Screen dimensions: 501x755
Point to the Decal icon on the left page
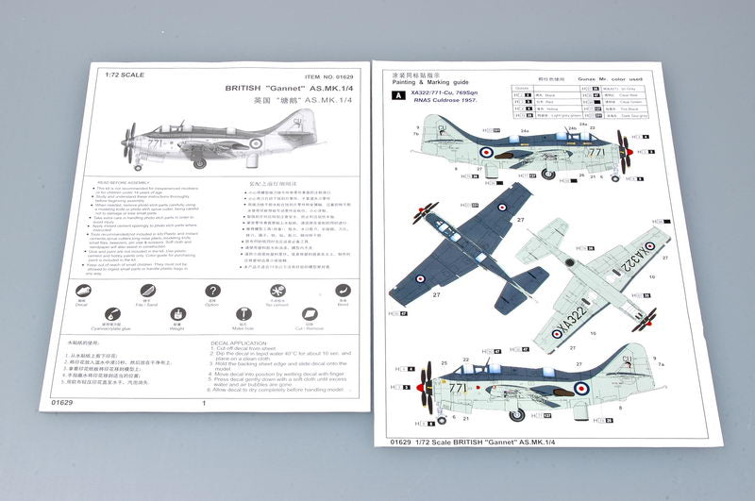coord(83,292)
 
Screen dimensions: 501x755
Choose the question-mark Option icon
coord(211,292)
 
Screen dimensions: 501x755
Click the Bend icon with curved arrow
coord(343,292)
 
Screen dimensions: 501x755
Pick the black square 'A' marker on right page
coord(398,96)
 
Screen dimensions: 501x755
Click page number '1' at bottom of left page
coord(204,403)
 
